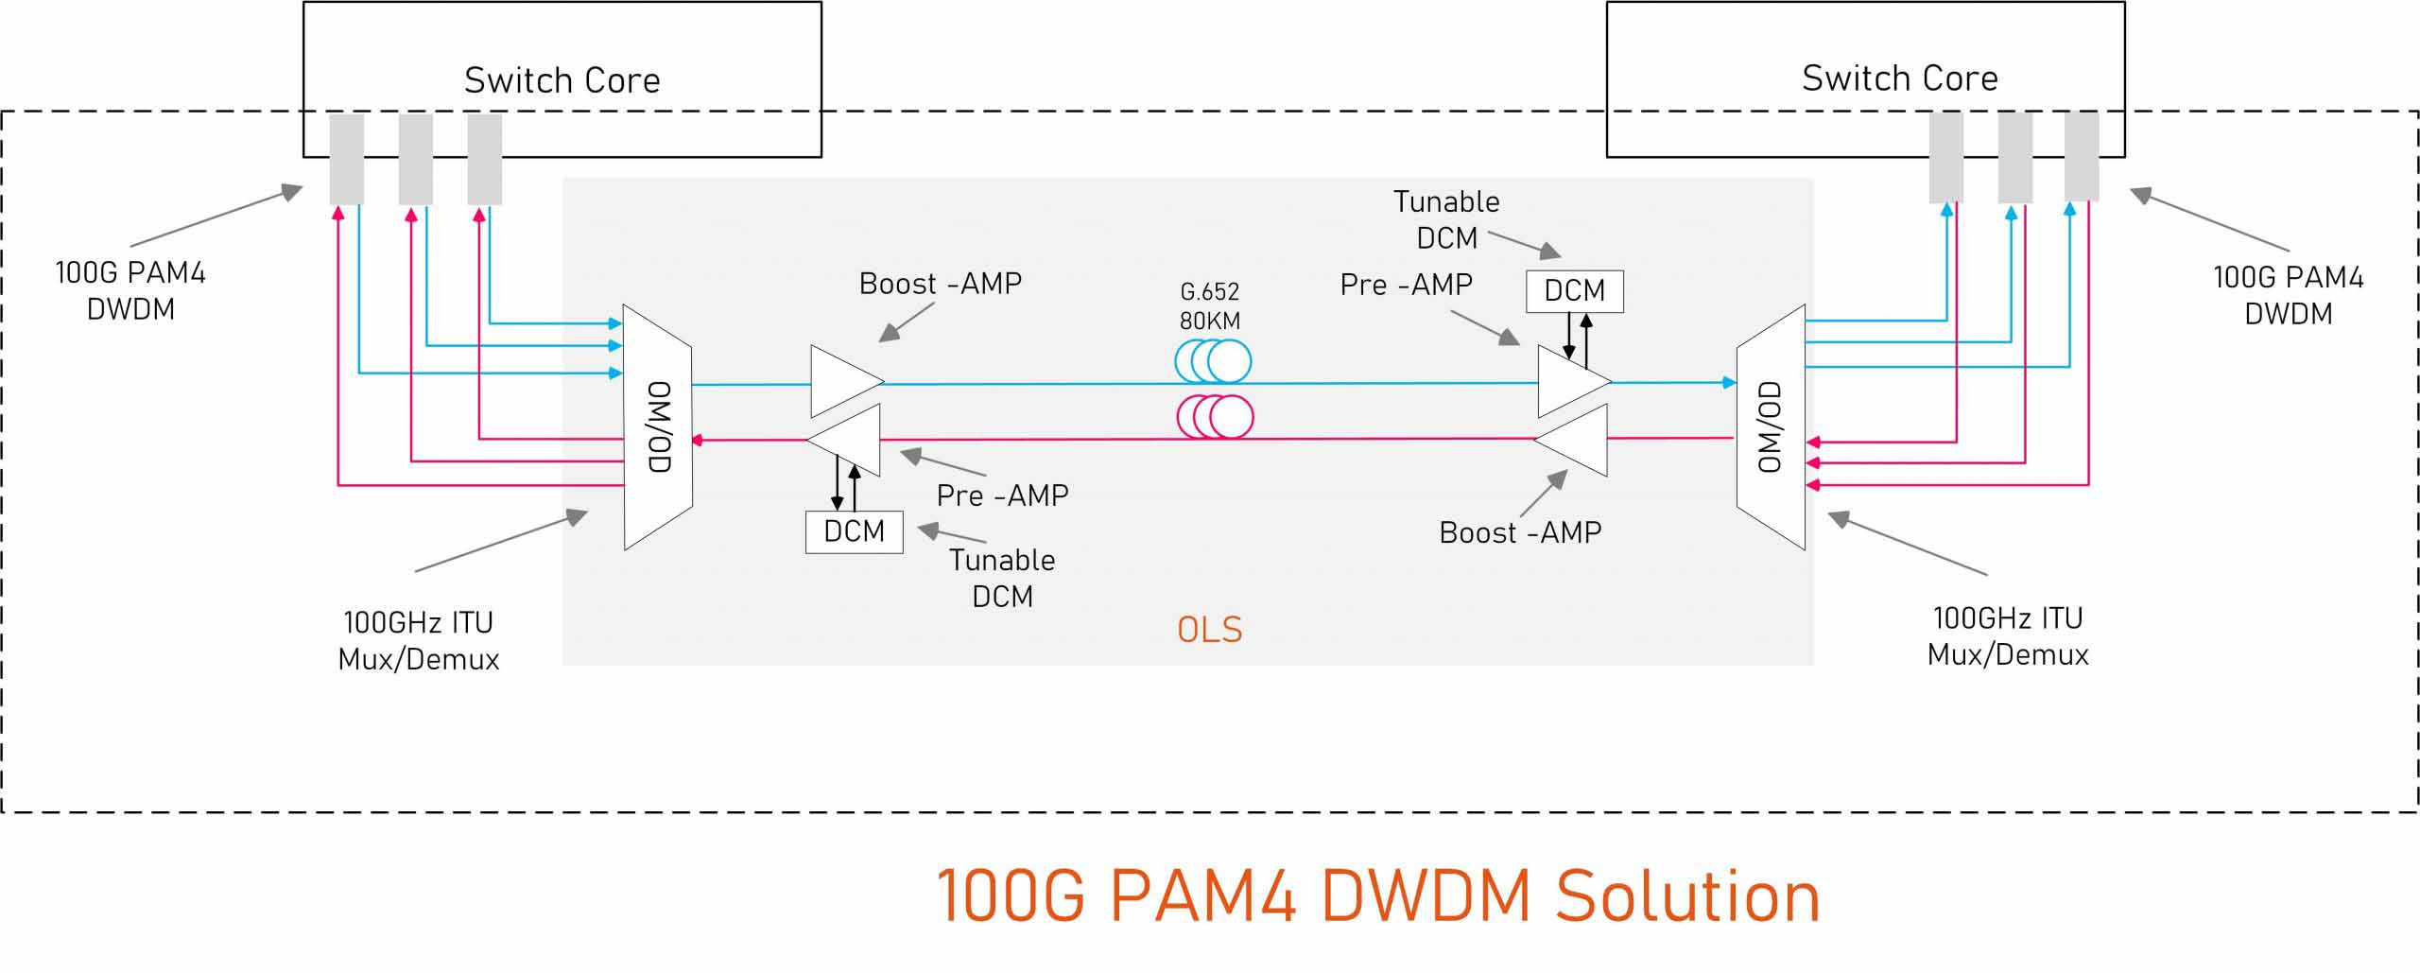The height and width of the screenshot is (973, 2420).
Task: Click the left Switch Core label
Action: point(562,80)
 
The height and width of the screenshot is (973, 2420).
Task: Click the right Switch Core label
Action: point(1899,78)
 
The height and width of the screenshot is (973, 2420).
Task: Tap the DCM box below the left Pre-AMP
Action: point(854,531)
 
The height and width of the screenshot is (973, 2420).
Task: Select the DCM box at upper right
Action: point(1574,290)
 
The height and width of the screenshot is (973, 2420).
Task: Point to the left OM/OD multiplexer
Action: point(658,426)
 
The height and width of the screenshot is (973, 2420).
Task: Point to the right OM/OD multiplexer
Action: point(1771,426)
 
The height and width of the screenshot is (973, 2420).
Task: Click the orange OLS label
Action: point(1209,630)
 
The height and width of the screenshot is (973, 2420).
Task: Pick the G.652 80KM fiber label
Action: point(1209,305)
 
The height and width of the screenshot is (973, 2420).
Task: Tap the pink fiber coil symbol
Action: point(1215,416)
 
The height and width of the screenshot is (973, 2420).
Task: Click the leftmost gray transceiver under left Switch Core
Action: point(346,159)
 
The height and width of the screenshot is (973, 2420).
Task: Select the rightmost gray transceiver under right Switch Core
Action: point(2082,156)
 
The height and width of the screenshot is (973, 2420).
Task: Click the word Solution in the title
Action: point(1687,896)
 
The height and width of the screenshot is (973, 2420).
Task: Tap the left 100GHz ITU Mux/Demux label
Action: point(418,641)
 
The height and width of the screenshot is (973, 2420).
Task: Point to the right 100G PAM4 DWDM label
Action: point(2288,295)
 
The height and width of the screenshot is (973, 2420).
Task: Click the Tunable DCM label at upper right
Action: point(1446,219)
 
